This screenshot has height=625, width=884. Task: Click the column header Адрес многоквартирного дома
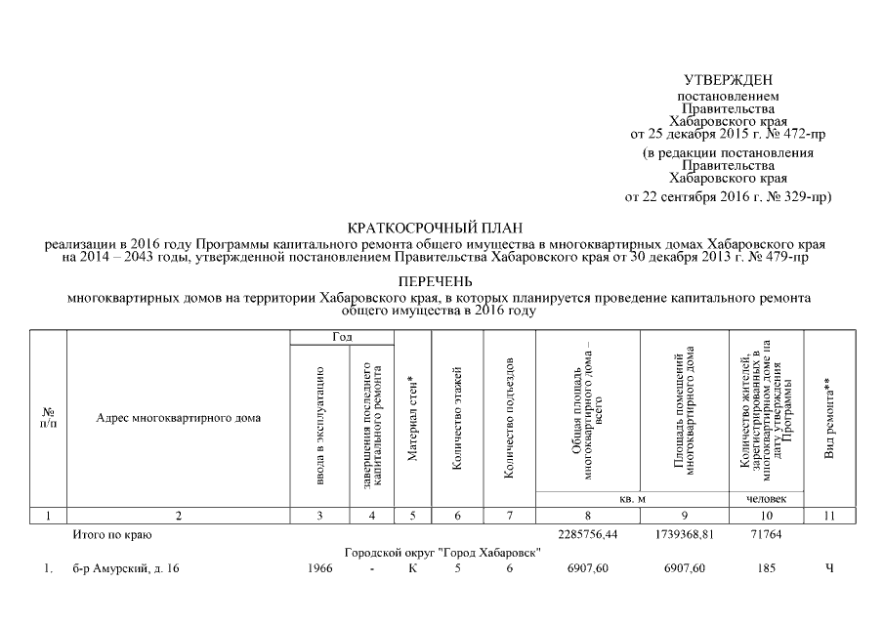[x=178, y=418]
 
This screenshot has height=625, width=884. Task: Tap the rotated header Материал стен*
[x=412, y=418]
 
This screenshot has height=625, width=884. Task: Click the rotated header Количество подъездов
[x=509, y=418]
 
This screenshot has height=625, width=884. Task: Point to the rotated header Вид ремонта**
[x=829, y=418]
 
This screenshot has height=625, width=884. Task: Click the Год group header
[x=342, y=337]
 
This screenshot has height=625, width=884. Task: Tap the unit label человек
[x=766, y=498]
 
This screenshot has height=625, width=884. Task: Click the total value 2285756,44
[x=588, y=534]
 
